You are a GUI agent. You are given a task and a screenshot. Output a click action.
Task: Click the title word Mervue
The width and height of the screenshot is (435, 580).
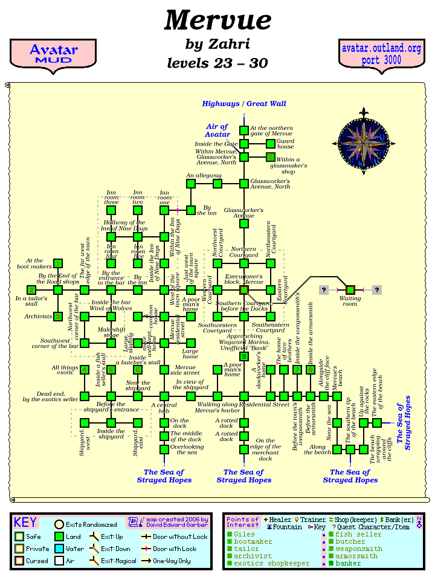tap(217, 21)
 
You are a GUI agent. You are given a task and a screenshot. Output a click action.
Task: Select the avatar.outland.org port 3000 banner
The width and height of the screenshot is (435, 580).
tap(381, 54)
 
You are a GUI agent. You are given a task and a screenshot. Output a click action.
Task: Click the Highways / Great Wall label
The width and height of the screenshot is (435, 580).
tap(244, 104)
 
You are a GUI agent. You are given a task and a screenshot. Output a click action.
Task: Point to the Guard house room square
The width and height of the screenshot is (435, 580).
tap(271, 143)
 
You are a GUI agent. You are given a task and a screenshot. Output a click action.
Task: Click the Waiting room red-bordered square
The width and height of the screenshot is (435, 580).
tap(350, 290)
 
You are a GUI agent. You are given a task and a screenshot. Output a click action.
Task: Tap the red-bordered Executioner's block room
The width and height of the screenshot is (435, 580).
tap(244, 290)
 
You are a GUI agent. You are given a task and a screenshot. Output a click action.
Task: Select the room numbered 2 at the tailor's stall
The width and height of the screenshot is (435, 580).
tap(31, 290)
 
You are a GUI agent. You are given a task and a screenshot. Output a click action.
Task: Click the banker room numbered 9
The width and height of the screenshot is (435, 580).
tap(244, 356)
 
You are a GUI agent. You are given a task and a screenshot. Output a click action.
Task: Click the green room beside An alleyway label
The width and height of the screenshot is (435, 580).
tap(191, 184)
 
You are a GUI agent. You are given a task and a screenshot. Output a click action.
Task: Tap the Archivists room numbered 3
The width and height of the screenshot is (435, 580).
tap(58, 316)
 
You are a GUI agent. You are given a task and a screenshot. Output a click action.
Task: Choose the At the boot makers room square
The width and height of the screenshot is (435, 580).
tap(58, 263)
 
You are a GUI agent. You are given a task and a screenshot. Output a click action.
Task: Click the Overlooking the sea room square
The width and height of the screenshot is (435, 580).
tap(164, 449)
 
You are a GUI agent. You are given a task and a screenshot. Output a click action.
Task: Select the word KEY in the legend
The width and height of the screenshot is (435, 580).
tap(25, 523)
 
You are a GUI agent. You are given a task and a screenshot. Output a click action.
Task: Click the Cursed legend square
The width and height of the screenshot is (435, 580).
tap(20, 561)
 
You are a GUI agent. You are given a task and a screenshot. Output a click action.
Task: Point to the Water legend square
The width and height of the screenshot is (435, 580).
tap(59, 549)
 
